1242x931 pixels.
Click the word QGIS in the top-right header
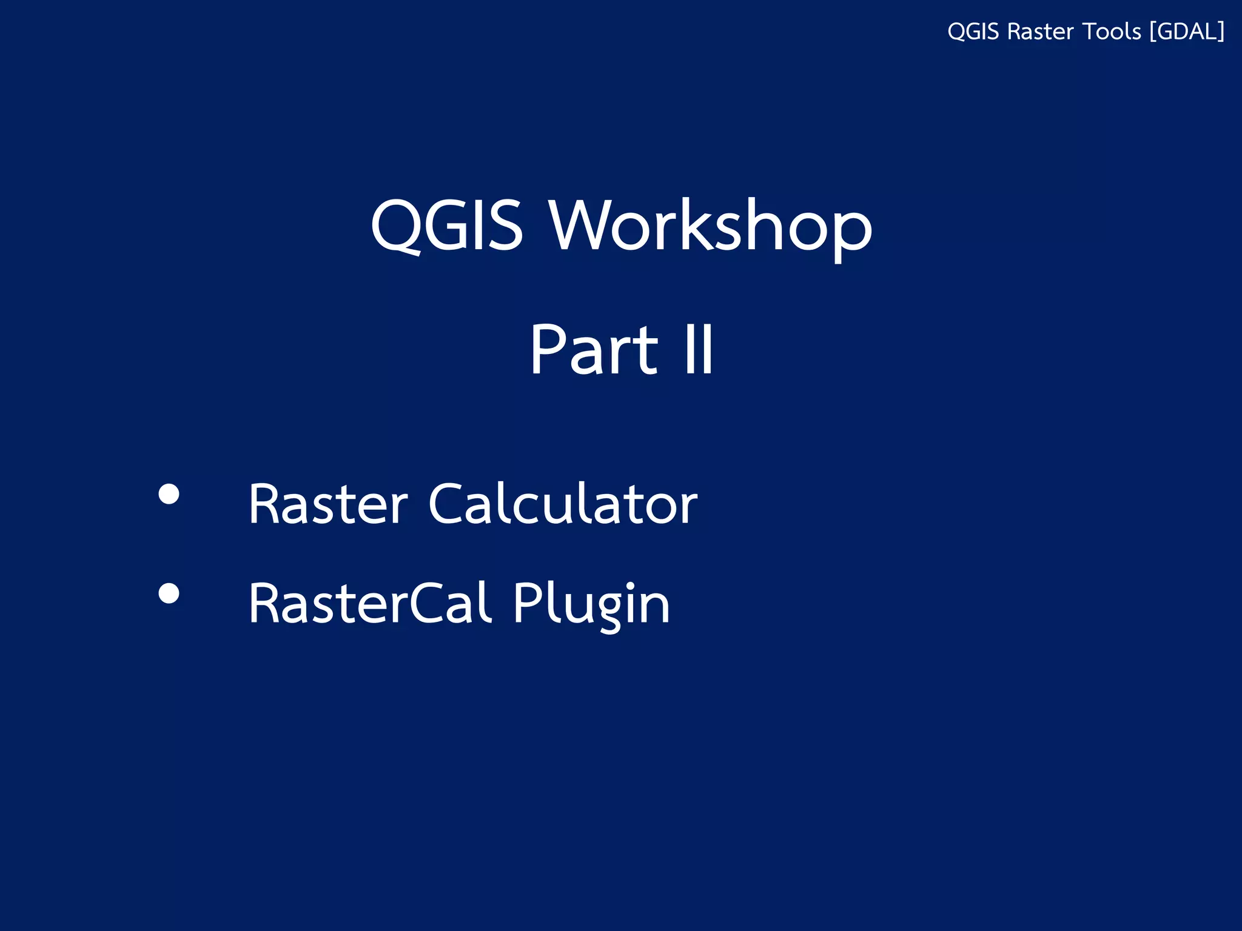tap(973, 32)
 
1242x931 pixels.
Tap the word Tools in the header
tap(1112, 32)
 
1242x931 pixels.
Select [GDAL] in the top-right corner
tap(1187, 32)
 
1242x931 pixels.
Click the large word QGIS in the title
tap(446, 225)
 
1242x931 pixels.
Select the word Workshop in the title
tap(710, 225)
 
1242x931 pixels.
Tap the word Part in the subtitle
tap(594, 350)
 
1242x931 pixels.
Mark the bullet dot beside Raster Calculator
tap(169, 494)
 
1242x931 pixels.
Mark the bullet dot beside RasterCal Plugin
tap(169, 593)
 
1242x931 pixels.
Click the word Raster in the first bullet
tap(328, 504)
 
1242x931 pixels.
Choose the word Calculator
tap(563, 504)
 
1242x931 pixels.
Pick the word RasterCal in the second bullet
tap(369, 603)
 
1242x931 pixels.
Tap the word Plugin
tap(591, 603)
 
